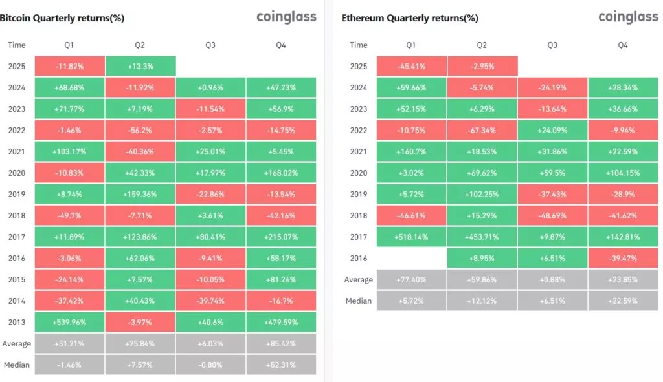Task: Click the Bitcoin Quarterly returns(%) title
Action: (62, 18)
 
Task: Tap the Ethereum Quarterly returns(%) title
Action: (410, 18)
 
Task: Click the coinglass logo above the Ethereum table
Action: (628, 17)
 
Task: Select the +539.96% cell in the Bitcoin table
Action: (69, 322)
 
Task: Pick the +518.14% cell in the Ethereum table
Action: (411, 237)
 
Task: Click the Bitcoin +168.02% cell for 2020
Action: (281, 173)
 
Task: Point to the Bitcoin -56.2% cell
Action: (140, 130)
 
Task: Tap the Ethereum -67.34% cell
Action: (482, 130)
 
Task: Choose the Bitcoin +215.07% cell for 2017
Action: (281, 237)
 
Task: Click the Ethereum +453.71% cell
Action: (482, 237)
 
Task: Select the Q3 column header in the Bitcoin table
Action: (210, 45)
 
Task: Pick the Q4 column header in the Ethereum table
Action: (623, 45)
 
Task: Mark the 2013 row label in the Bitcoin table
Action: (17, 322)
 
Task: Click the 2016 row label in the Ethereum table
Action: (359, 258)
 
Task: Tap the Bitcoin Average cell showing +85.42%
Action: (281, 343)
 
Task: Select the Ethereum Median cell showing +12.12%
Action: (482, 301)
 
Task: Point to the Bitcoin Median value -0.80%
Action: (210, 365)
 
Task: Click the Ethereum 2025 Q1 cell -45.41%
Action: (411, 66)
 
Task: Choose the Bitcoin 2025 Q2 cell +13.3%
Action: (140, 66)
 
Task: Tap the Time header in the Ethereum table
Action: (359, 45)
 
